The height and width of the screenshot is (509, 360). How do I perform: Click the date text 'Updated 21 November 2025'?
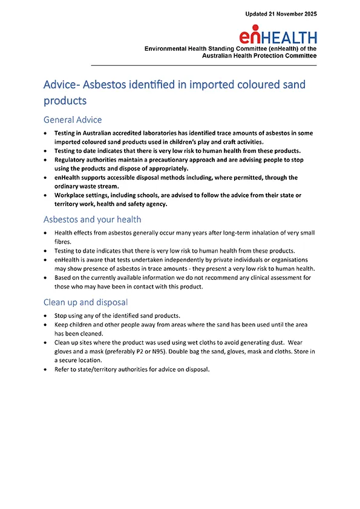281,13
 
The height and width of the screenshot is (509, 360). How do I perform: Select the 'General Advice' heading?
73,120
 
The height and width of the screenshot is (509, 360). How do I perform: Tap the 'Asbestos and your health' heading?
92,219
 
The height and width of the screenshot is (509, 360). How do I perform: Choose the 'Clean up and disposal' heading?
85,302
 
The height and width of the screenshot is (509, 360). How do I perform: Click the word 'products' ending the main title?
65,100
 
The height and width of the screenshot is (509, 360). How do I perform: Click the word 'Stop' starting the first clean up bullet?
61,316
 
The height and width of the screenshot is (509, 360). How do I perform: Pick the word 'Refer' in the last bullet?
62,370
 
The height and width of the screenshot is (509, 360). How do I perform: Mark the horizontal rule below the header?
203,65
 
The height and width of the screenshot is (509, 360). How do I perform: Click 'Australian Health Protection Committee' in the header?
260,56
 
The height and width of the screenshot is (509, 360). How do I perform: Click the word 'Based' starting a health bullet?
63,277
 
